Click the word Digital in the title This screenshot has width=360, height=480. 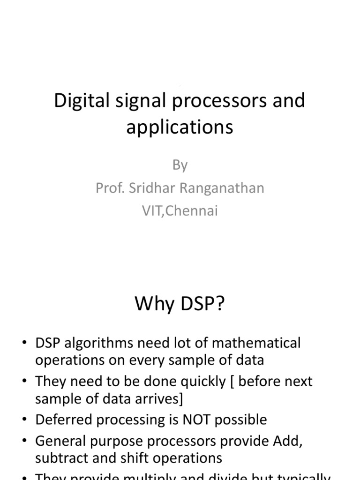pos(77,101)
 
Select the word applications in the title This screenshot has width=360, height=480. pos(180,127)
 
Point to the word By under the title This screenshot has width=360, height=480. pos(180,165)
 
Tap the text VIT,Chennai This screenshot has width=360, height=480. pos(180,211)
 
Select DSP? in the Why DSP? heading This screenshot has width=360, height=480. pos(202,304)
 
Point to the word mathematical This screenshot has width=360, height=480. pos(256,343)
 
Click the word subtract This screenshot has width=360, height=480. pos(61,458)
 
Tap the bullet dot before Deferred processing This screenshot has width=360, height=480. pos(24,420)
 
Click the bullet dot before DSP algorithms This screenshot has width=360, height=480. pos(24,344)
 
